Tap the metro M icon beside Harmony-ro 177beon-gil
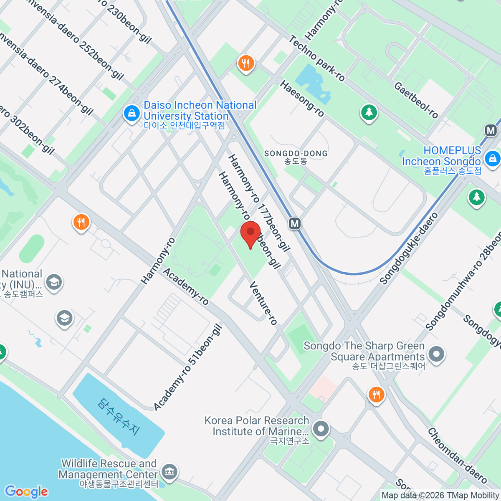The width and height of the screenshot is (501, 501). (295, 223)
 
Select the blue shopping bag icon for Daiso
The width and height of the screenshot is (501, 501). (132, 113)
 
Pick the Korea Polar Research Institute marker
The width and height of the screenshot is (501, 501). (321, 429)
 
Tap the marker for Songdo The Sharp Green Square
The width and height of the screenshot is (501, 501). (436, 354)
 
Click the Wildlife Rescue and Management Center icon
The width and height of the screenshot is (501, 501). (170, 472)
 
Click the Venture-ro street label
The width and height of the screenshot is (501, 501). (263, 303)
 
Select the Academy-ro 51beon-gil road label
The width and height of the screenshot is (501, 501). (187, 367)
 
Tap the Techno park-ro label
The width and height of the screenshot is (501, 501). (317, 58)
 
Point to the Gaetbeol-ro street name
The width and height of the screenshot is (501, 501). (416, 100)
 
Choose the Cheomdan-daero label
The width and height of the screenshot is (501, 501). (457, 455)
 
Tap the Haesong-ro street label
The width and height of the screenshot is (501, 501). (302, 99)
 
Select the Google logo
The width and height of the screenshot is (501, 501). (26, 492)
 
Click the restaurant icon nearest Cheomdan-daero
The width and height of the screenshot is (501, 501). (376, 394)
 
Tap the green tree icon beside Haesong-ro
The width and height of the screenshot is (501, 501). (369, 112)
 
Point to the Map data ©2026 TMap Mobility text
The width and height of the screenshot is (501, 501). (440, 496)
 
